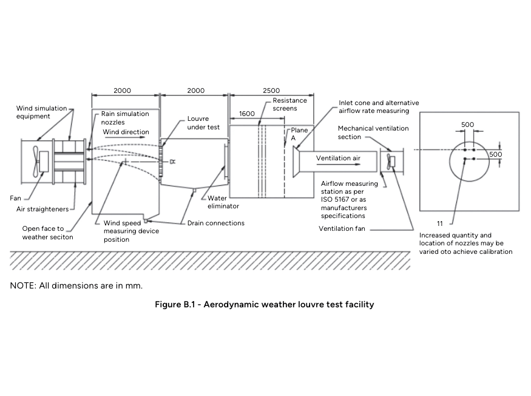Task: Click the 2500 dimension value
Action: coord(271,90)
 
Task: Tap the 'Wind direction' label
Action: coord(126,132)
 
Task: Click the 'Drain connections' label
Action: coord(216,224)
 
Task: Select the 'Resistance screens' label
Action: coord(289,104)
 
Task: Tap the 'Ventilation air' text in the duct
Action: coord(338,158)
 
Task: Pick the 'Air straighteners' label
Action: coord(42,210)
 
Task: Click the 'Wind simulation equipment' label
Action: coord(42,112)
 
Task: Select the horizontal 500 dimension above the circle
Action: coord(467,125)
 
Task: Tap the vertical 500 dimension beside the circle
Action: coord(496,154)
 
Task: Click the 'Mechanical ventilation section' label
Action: coord(373,132)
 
